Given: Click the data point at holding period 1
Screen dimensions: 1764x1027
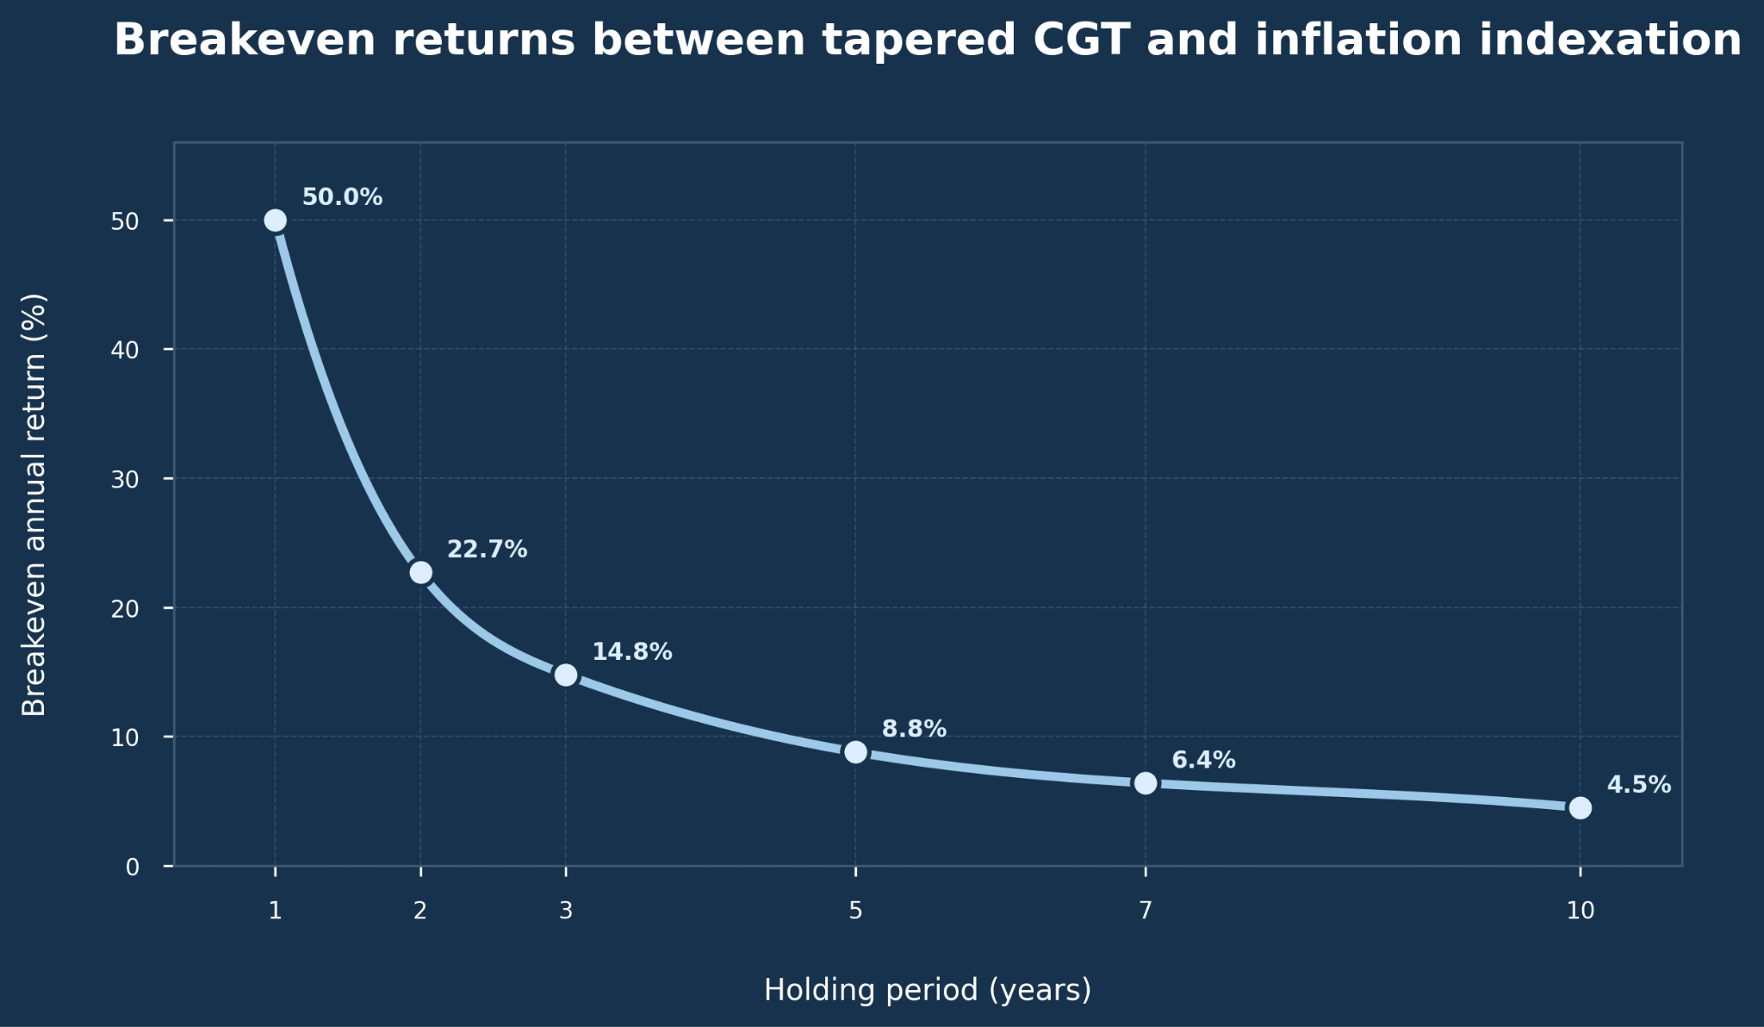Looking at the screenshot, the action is [275, 221].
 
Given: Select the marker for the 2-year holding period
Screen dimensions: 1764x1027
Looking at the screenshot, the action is [420, 572].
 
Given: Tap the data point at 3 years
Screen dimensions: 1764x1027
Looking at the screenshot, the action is [566, 675].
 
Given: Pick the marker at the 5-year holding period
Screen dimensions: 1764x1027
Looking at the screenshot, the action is [855, 752].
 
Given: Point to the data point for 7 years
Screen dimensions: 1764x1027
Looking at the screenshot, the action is [1146, 783].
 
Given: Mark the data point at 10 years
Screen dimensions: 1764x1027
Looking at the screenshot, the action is [1581, 808].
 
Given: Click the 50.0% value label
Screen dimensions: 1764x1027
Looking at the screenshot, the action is [342, 197].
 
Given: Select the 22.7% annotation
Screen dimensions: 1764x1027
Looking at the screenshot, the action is [487, 550].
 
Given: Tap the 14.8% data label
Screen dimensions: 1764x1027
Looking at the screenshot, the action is [632, 652].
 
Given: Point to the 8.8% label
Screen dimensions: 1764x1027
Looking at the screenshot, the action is [914, 729].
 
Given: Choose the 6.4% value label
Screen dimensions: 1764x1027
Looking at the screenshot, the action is [1203, 761].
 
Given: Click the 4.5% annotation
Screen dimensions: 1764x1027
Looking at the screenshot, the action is [1639, 785].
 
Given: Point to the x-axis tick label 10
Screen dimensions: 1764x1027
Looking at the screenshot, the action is [1581, 911].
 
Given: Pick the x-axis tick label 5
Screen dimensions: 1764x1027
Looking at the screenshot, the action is [855, 911].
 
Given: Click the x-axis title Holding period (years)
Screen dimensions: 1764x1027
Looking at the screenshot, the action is [928, 990].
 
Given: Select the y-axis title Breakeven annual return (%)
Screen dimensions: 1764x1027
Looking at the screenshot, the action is [34, 505].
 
